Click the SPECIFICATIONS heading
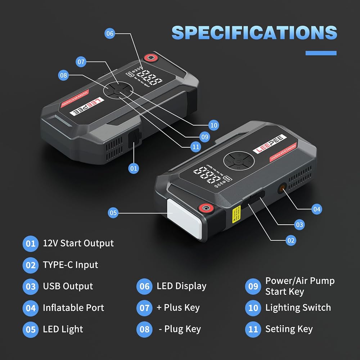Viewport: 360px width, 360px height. click(x=254, y=33)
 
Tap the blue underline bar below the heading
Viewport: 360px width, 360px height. click(x=321, y=53)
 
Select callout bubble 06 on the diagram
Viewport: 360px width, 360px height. click(x=110, y=34)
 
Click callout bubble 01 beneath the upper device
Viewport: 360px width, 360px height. click(x=134, y=168)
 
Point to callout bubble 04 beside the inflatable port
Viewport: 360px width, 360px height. click(x=316, y=209)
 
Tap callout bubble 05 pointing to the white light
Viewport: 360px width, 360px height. click(x=113, y=213)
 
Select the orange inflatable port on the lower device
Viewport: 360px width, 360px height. click(x=282, y=188)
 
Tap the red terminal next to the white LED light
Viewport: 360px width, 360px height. click(x=206, y=208)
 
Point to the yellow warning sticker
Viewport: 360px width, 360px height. click(x=236, y=215)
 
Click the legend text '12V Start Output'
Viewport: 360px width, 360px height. click(x=78, y=243)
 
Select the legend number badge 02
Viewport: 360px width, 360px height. click(x=30, y=265)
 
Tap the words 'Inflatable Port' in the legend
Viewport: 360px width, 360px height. click(x=73, y=308)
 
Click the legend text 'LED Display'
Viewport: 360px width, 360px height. click(x=181, y=286)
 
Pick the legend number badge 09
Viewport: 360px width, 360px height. click(x=253, y=286)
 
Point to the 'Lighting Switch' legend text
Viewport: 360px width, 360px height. click(x=298, y=308)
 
